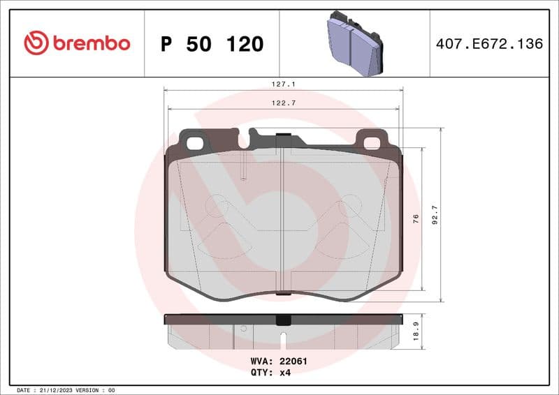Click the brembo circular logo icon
pos(36,43)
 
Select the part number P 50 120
pos(212,44)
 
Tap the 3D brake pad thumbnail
pos(354,43)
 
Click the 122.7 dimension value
pos(283,103)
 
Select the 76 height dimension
pos(416,218)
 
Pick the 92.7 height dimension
pos(434,215)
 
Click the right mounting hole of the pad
pos(372,144)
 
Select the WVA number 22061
pos(293,362)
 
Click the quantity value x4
pos(284,373)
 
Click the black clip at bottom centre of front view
pos(283,294)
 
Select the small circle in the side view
pos(243,328)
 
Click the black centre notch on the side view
pos(283,320)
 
